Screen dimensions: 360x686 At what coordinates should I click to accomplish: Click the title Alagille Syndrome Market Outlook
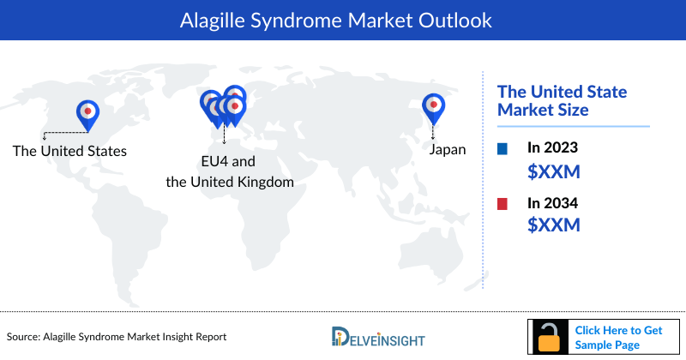coord(342,20)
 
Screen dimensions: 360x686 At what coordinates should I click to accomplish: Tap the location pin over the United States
coord(87,113)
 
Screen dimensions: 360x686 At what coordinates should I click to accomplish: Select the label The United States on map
coord(69,151)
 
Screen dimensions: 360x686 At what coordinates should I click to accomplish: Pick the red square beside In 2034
coord(502,204)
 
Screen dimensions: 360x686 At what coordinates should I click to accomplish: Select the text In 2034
coord(553,204)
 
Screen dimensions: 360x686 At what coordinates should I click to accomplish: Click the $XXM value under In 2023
coord(553,171)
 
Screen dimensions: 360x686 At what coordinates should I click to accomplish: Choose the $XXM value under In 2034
coord(553,225)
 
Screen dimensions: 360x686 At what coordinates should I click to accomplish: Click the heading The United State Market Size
coord(563,100)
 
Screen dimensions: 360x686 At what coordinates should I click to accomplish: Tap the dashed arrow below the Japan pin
coord(434,131)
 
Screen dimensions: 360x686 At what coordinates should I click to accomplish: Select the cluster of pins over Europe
coord(224,105)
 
